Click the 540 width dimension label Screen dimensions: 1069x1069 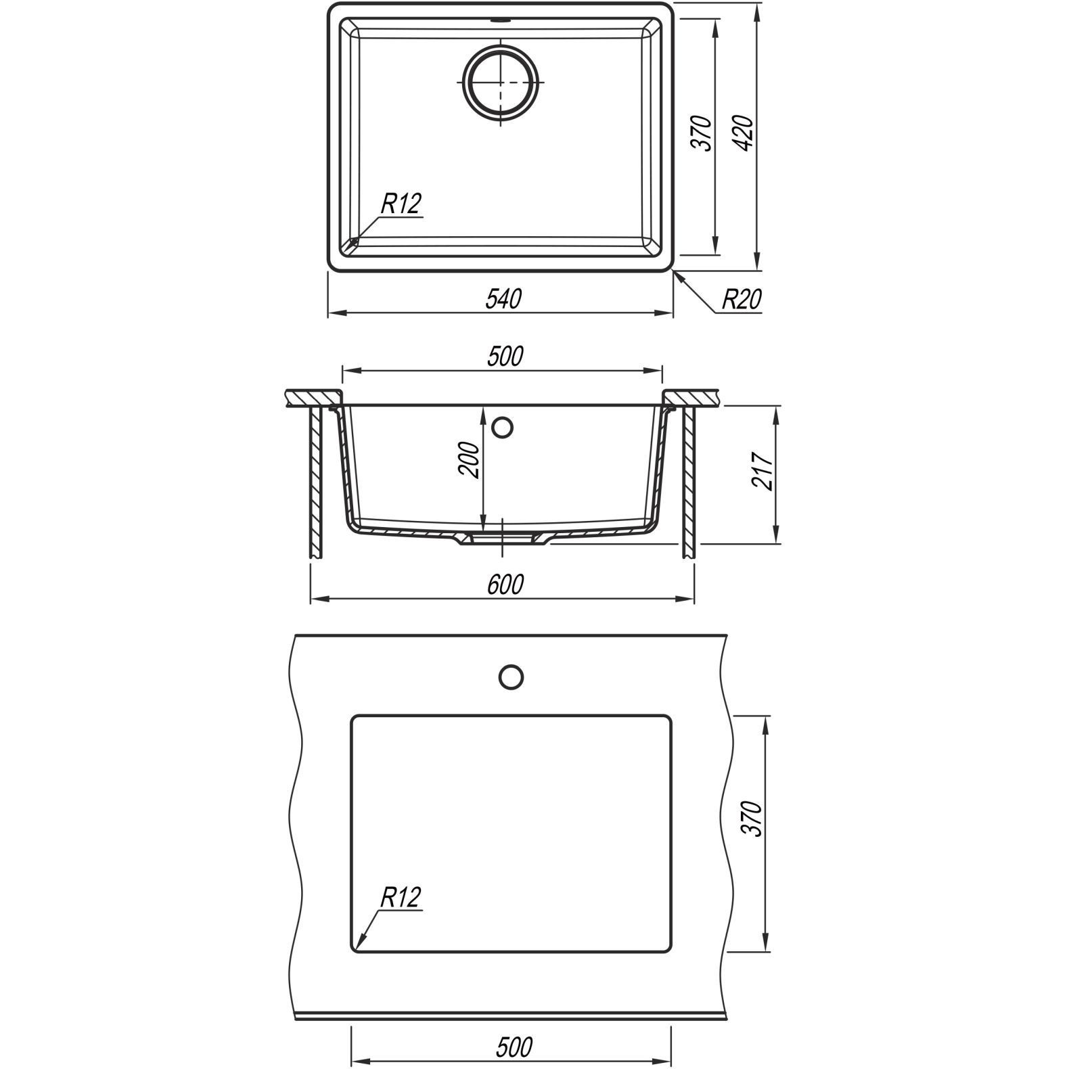click(504, 298)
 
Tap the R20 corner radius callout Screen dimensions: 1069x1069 click(742, 299)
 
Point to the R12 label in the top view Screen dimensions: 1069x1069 click(401, 203)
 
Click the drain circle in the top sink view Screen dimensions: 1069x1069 click(501, 81)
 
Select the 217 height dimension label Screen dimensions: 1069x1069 click(762, 469)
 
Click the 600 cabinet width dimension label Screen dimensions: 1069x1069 click(505, 584)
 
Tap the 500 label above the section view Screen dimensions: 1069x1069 click(505, 356)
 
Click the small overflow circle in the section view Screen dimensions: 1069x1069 click(502, 428)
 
